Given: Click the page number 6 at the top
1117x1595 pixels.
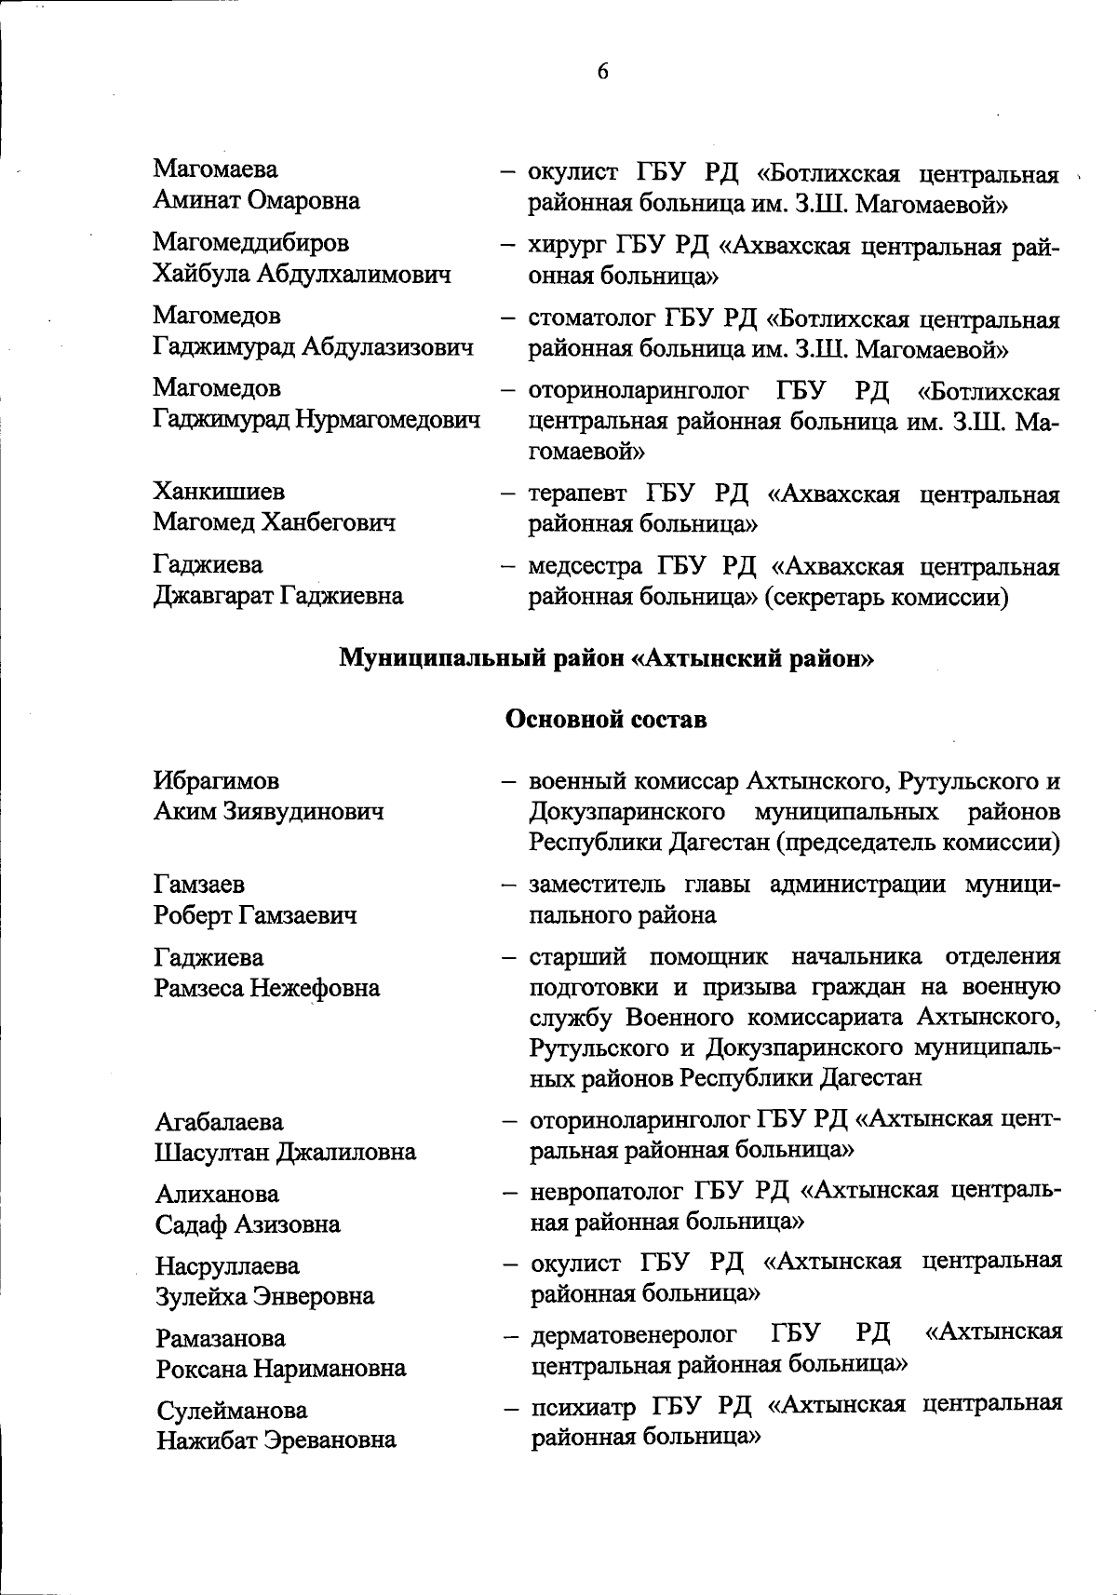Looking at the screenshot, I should click(602, 72).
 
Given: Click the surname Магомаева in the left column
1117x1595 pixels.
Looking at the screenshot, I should click(215, 169).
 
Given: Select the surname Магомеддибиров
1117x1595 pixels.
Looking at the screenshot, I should click(251, 242).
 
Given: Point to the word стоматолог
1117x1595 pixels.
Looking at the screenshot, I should click(591, 319).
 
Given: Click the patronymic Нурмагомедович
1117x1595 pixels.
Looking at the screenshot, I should click(388, 419).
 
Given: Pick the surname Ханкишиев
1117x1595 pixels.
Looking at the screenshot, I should click(219, 492).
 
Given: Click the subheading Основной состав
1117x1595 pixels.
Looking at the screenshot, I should click(605, 720).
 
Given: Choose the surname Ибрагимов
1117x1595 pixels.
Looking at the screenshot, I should click(216, 780).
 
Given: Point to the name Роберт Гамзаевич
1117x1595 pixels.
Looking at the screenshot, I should click(255, 915).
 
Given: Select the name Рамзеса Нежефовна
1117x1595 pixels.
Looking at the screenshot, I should click(267, 987).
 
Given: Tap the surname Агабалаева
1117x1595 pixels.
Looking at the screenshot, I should click(219, 1122).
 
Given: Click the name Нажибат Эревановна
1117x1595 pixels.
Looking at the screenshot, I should click(276, 1440).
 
